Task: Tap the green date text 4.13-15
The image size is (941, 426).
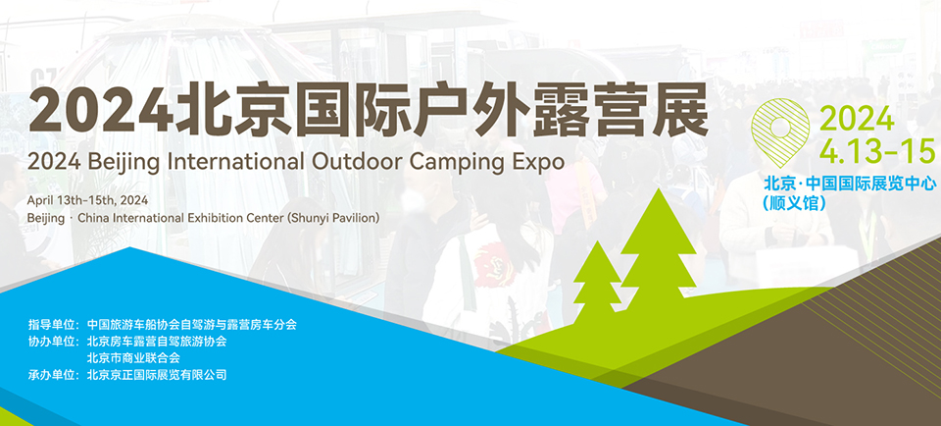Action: point(877,151)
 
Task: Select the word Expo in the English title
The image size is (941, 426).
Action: point(542,162)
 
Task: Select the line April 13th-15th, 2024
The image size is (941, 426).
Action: point(87,200)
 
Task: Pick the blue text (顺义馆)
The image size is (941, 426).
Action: point(794,203)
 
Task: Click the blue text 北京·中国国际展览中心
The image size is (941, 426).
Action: point(849,184)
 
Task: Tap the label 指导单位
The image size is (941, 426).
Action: point(51,325)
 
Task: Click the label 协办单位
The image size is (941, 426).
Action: point(51,342)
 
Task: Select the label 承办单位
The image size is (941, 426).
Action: point(51,375)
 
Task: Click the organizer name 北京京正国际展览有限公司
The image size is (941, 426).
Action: point(157,375)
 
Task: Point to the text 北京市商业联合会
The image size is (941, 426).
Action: point(133,358)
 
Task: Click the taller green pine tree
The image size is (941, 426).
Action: point(659,252)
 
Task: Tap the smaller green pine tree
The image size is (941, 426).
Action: point(597,280)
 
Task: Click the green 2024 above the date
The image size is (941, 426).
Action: point(857,120)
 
